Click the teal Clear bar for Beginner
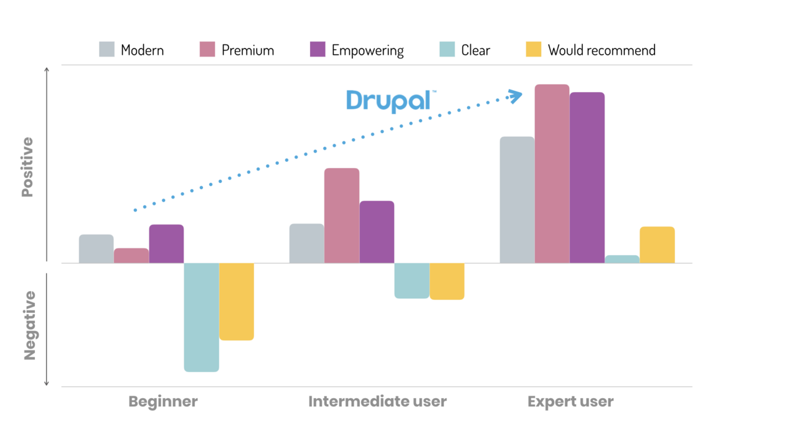201,317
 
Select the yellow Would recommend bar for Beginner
237,301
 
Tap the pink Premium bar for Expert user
552,174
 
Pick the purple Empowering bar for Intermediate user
377,231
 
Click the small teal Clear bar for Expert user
622,259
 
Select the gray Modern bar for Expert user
517,200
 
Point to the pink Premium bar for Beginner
131,256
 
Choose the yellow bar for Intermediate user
446,281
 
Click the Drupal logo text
389,101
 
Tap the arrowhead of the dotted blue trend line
516,95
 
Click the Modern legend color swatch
107,50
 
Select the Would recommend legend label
601,50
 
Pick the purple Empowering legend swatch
318,50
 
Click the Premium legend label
248,50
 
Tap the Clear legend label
476,50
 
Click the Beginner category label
163,401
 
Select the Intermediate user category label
377,401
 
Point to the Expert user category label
570,401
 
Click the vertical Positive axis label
27,167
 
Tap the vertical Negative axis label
29,325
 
